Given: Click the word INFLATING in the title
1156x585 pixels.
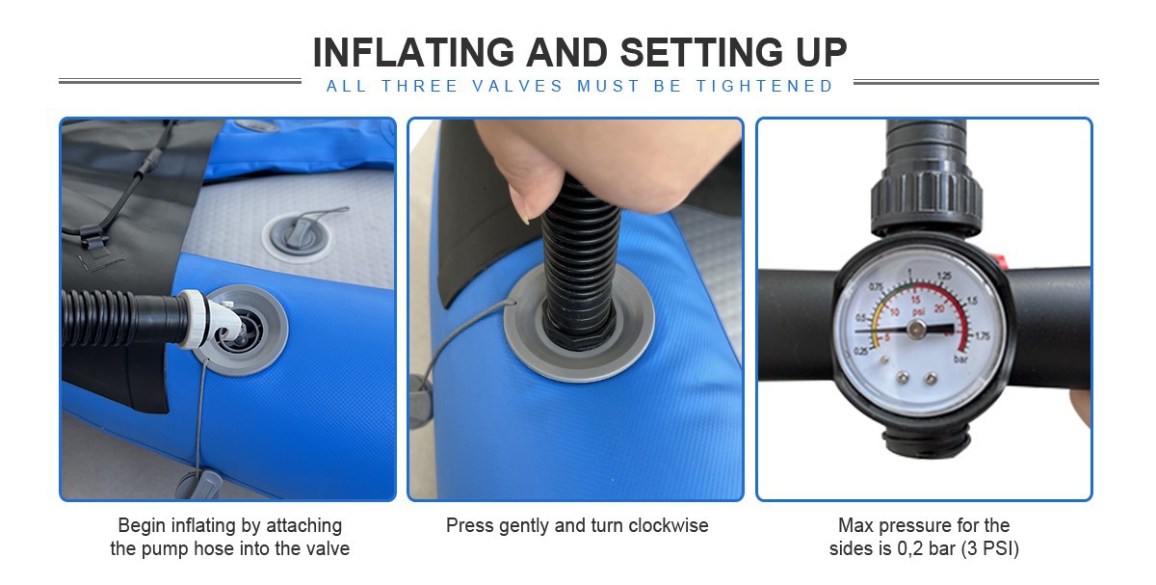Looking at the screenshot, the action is pos(414,53).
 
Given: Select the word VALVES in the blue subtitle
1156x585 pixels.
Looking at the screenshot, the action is pos(517,86).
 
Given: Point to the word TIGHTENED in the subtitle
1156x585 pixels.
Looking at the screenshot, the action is pos(765,86).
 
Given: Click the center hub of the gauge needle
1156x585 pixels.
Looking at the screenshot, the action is pos(916,328).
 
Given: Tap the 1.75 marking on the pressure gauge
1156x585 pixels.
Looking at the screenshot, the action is pos(981,336).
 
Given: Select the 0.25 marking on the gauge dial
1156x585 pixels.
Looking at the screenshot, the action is pos(861,351).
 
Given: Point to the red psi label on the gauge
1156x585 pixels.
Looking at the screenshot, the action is pos(918,312).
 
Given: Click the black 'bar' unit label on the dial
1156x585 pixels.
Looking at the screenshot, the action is pos(960,359).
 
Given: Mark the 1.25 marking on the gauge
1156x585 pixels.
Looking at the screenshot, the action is pos(944,276).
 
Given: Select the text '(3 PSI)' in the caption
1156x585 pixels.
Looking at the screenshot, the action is pos(990,548).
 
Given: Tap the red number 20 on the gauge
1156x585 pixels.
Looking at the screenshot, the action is pos(939,308).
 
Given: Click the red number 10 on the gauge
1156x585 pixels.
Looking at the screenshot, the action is pos(894,312).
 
